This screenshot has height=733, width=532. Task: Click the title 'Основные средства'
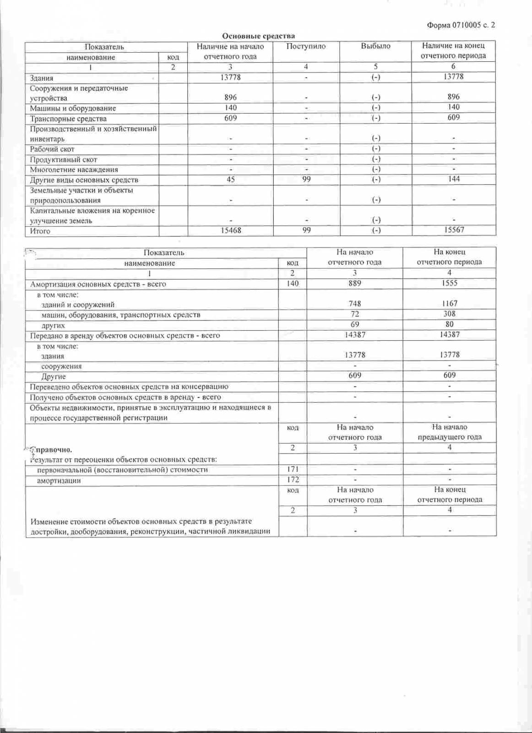[x=258, y=36]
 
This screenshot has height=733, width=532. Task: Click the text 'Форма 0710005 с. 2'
[x=461, y=25]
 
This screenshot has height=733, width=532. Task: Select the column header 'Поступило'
[x=306, y=46]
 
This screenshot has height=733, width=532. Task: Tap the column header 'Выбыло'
[x=375, y=46]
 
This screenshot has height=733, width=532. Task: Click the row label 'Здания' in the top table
[x=42, y=78]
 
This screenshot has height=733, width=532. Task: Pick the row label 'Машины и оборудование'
[x=73, y=108]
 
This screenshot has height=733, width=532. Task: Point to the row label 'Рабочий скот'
[x=52, y=149]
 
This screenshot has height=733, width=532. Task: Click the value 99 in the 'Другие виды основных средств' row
[x=306, y=179]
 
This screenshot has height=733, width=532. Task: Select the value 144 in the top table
[x=454, y=179]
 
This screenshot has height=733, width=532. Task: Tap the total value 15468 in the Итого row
[x=231, y=230]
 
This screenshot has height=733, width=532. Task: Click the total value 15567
[x=454, y=230]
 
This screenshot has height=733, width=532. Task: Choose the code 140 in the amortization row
[x=293, y=284]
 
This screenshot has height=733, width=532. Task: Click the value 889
[x=355, y=283]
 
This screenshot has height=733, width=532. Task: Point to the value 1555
[x=450, y=283]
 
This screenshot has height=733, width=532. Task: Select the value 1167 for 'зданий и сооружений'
[x=450, y=303]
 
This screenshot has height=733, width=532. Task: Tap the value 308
[x=450, y=314]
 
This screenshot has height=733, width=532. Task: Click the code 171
[x=293, y=469]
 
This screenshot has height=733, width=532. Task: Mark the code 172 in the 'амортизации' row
[x=293, y=480]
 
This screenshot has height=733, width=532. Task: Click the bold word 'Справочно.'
[x=51, y=449]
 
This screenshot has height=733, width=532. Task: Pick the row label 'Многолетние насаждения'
[x=74, y=170]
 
